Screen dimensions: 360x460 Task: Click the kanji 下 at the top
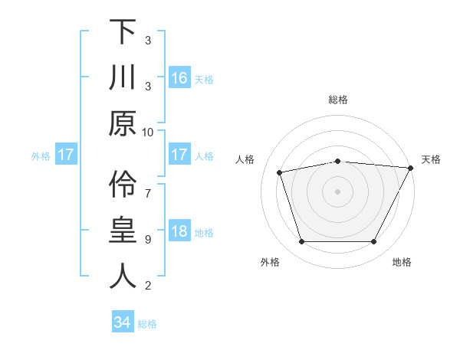(x=123, y=32)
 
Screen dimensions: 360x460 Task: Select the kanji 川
(x=123, y=78)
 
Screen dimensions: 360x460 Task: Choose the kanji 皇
(x=123, y=231)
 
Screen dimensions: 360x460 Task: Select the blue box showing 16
(x=179, y=78)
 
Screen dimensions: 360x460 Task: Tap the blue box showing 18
(x=179, y=232)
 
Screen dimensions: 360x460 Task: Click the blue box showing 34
(x=123, y=323)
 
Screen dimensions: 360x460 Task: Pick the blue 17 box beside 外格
(x=66, y=155)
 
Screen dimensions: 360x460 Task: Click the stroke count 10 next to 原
(x=148, y=132)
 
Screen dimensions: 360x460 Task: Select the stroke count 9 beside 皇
(x=148, y=239)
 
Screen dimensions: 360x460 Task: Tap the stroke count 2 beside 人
(x=148, y=285)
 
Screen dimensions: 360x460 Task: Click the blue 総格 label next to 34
(x=147, y=324)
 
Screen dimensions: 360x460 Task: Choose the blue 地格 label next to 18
(x=204, y=233)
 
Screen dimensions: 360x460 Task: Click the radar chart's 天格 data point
(x=411, y=168)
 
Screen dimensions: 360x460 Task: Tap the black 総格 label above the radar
(x=338, y=100)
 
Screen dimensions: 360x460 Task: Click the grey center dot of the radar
(x=338, y=191)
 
